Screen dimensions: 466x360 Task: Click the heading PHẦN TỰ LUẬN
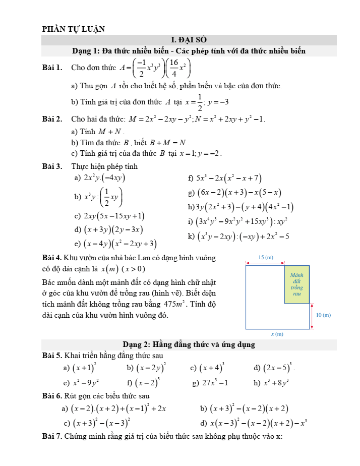point(74,29)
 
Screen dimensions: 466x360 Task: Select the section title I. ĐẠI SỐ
point(189,40)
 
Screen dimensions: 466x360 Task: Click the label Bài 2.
point(52,120)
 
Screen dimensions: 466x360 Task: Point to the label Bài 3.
point(52,166)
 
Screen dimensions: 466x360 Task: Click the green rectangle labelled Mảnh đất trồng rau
point(296,283)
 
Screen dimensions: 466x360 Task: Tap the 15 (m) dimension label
point(265,257)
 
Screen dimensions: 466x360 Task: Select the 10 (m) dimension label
point(323,315)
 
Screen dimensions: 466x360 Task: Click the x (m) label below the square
point(277,334)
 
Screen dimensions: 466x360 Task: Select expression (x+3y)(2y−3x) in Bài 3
point(113,229)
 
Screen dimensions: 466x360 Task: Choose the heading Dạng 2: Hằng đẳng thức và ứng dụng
point(189,345)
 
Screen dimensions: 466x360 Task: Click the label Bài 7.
point(52,436)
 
